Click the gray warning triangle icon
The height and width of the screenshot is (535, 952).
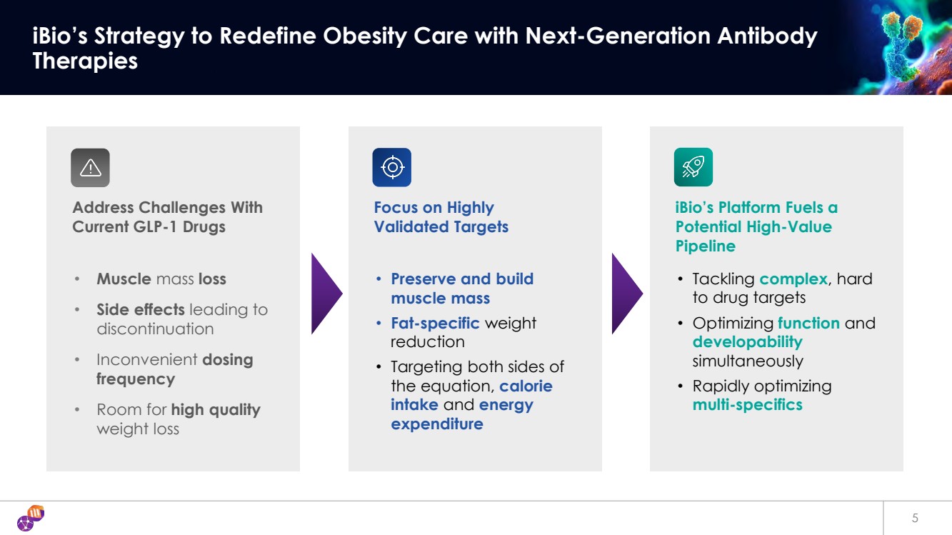pos(90,167)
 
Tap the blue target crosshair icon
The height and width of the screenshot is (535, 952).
pos(392,167)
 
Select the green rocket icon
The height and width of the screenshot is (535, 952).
pos(693,167)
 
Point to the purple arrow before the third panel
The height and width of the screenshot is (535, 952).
pos(627,293)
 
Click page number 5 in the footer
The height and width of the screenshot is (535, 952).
pos(915,518)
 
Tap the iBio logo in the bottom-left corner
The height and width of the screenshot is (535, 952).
pos(31,518)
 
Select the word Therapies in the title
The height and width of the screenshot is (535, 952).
pos(85,61)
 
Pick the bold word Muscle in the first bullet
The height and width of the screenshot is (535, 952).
pos(124,279)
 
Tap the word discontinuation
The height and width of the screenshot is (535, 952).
pos(155,329)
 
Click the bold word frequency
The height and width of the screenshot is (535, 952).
pos(136,379)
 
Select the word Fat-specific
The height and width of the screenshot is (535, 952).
pos(435,324)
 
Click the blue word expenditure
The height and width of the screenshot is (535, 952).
pos(437,424)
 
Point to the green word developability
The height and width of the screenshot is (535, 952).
pos(748,342)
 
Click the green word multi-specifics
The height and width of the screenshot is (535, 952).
pos(748,405)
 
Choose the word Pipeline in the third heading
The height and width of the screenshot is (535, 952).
pos(706,246)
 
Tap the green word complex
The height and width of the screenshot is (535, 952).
pos(793,279)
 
